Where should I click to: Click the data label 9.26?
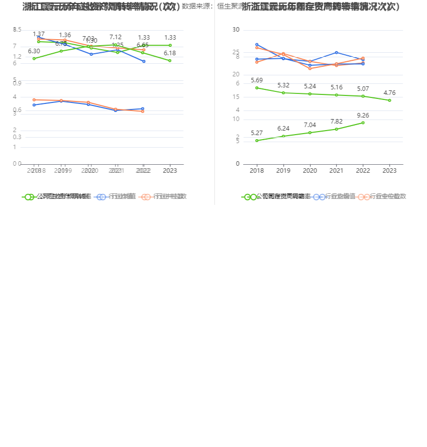click(363, 115)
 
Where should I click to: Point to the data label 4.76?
click(389, 92)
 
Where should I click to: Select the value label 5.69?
click(257, 80)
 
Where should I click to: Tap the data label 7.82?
click(336, 122)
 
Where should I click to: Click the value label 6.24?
click(283, 129)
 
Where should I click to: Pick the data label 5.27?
click(257, 133)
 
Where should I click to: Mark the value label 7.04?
click(310, 125)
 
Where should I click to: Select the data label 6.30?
click(34, 51)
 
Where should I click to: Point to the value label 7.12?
click(116, 37)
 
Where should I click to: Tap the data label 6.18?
click(170, 53)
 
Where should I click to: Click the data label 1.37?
click(39, 34)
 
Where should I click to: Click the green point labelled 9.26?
click(363, 123)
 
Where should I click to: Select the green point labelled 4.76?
click(389, 100)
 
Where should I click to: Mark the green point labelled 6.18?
click(170, 61)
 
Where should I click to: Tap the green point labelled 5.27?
click(257, 141)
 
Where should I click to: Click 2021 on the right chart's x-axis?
click(336, 171)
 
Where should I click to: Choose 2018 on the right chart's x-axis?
click(257, 171)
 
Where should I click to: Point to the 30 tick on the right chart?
click(236, 30)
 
